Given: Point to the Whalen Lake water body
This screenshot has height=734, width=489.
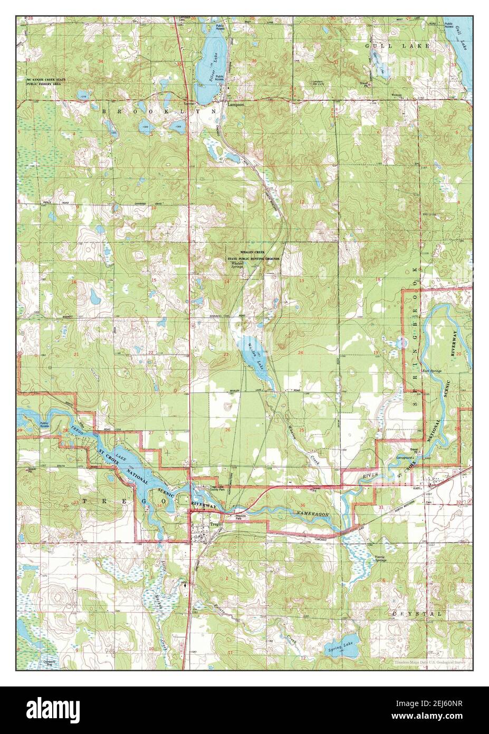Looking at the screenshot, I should (x=253, y=356).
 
